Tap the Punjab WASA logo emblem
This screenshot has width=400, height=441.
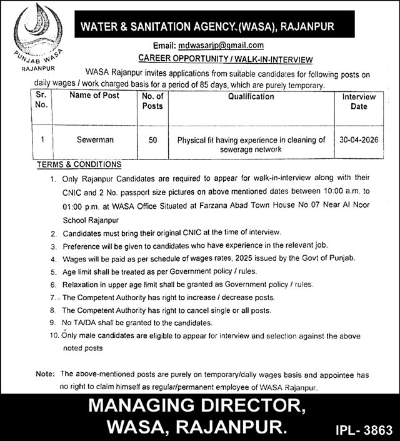click(39, 28)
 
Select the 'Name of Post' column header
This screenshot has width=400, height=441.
click(94, 96)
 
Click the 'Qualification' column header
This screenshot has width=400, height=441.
click(251, 96)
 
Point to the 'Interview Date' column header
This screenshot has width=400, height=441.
click(359, 101)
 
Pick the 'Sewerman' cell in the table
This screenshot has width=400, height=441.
click(94, 140)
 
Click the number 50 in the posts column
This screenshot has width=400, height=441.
click(152, 140)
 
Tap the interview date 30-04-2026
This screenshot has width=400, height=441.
click(359, 140)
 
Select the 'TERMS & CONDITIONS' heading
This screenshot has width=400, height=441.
click(79, 165)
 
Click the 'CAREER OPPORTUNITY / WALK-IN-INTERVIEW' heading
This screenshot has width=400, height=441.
click(225, 60)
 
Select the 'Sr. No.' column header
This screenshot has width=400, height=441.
click(41, 101)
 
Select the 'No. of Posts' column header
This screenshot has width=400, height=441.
click(152, 101)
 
